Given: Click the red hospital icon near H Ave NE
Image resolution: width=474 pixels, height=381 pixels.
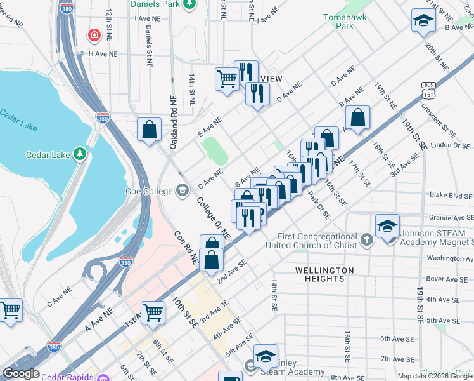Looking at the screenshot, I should [x=94, y=34].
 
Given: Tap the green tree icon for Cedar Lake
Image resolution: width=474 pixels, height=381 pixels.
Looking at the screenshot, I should [x=79, y=154].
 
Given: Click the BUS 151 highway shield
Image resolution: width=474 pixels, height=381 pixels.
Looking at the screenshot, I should [x=429, y=90].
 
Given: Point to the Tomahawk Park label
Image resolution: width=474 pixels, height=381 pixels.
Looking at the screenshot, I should [x=344, y=22].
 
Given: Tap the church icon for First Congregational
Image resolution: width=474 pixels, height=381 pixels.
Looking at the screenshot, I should [x=366, y=239].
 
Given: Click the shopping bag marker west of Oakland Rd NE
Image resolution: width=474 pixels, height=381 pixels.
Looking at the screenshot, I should [x=149, y=130].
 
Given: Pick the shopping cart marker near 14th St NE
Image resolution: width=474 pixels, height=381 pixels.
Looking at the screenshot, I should [x=227, y=79].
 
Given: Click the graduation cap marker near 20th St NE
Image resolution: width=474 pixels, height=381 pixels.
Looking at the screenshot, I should [x=423, y=21].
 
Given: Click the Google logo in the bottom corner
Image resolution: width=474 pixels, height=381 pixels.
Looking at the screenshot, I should [x=20, y=373].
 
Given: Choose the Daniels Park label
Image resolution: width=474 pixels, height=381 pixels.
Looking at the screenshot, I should [x=155, y=4].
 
